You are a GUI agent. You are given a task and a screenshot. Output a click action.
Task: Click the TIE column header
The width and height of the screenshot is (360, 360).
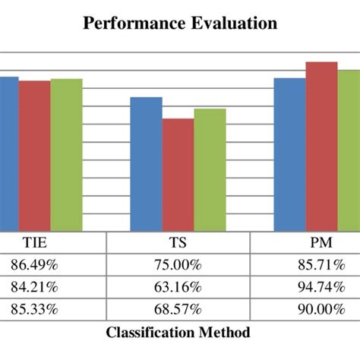32,245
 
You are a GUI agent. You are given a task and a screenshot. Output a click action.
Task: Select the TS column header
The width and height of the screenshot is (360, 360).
177,245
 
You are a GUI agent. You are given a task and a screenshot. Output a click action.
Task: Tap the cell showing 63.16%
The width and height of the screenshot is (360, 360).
177,288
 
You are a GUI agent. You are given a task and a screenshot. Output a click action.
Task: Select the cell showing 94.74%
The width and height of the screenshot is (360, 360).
322,288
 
